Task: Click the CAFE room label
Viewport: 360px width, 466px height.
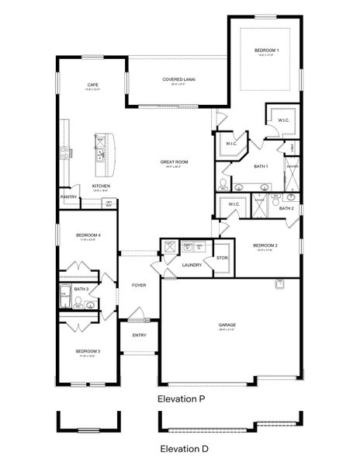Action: (x=92, y=85)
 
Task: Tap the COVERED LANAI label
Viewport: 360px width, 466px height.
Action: (x=177, y=79)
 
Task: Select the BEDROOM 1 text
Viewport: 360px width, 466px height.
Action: (x=266, y=50)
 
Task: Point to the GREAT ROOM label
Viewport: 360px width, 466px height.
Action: (x=175, y=162)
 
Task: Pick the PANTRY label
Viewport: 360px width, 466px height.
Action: (x=68, y=197)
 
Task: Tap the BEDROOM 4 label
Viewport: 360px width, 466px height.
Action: (x=88, y=234)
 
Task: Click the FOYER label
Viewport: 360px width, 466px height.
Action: (x=139, y=285)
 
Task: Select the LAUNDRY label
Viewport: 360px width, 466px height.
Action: (x=192, y=265)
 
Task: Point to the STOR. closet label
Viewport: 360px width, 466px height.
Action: (x=221, y=257)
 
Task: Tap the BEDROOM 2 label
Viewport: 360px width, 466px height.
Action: (x=265, y=245)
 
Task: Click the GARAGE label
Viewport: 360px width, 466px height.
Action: (x=227, y=325)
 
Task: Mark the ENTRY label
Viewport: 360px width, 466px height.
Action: (x=139, y=335)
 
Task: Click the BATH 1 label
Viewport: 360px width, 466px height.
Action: (x=261, y=166)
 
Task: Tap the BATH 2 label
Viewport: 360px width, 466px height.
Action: (x=286, y=208)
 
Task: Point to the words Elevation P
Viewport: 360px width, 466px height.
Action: (x=181, y=398)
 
